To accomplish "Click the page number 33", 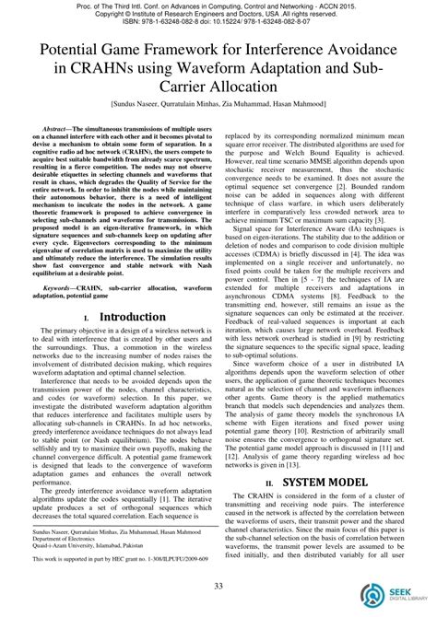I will coord(218,587).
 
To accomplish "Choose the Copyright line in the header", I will coord(218,15).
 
